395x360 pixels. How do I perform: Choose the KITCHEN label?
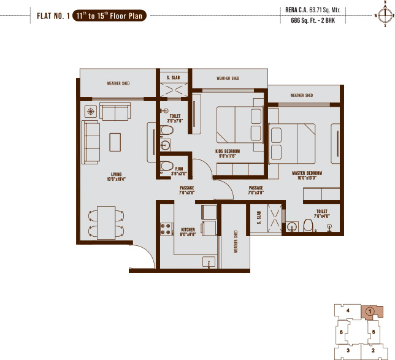[188, 231]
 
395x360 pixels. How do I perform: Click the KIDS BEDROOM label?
[228, 151]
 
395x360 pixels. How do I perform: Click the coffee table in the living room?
[115, 142]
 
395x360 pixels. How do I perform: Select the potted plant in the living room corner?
[90, 112]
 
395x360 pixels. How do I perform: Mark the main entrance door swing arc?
[142, 255]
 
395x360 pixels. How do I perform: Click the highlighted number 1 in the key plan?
[369, 312]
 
